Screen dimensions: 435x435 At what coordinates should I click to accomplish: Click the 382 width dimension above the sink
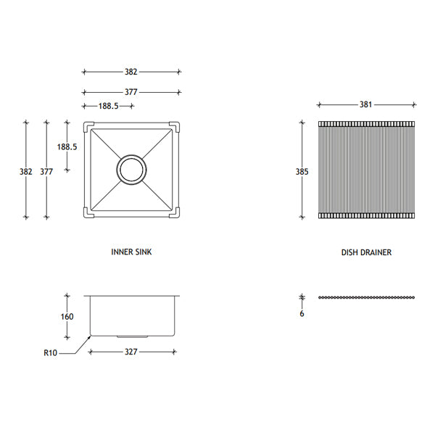(x=131, y=72)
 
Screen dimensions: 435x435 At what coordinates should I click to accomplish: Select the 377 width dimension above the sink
(x=131, y=92)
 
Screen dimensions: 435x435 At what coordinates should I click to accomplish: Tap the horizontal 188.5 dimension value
(x=109, y=106)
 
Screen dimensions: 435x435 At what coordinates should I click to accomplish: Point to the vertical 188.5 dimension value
(x=67, y=146)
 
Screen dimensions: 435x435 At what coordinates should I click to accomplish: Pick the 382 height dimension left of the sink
(x=26, y=172)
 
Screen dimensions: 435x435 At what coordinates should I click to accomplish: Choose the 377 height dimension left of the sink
(x=46, y=172)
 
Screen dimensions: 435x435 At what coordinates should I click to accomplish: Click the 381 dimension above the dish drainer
(x=365, y=104)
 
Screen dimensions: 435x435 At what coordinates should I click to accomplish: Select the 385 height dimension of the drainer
(x=302, y=172)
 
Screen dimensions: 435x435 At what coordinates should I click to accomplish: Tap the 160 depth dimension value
(x=67, y=317)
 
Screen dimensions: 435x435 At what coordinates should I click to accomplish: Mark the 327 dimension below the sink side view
(x=131, y=352)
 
